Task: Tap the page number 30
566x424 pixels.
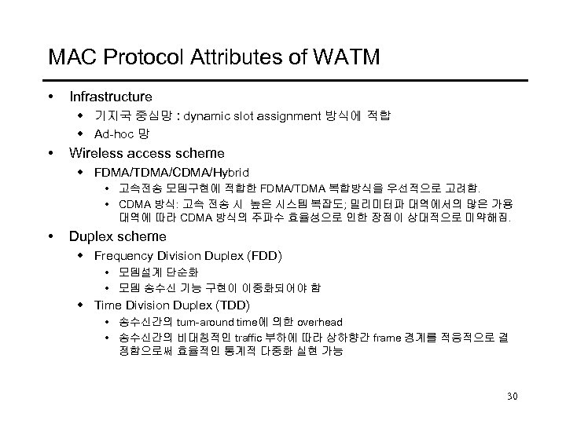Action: (x=513, y=394)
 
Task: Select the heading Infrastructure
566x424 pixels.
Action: (x=111, y=97)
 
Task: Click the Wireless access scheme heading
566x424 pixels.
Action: (x=147, y=152)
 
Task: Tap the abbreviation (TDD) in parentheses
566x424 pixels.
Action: (x=233, y=304)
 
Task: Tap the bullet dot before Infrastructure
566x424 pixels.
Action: (x=51, y=97)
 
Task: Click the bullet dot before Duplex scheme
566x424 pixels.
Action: (x=51, y=236)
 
